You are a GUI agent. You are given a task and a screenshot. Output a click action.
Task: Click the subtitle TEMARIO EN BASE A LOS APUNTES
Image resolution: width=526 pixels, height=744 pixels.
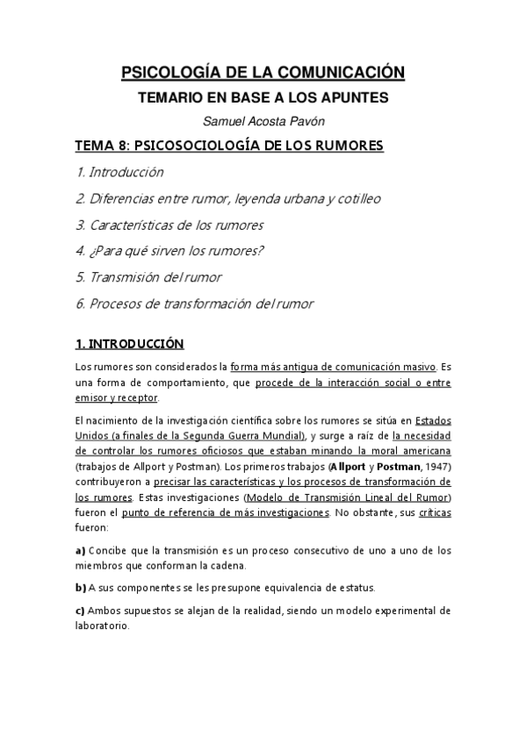[x=263, y=99]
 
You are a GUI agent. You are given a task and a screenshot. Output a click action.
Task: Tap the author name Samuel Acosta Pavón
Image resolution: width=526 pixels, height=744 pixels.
[x=263, y=122]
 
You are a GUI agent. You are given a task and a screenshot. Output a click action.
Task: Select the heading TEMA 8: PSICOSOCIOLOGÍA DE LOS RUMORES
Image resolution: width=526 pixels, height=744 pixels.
[x=230, y=146]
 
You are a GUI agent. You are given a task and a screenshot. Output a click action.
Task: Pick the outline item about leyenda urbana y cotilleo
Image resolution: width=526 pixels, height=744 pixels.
[x=227, y=198]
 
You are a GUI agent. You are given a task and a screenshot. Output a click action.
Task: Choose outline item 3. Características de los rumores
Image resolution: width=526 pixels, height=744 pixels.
[x=169, y=225]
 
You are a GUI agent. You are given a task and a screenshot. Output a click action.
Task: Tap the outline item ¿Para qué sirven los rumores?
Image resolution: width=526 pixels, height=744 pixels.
[x=169, y=251]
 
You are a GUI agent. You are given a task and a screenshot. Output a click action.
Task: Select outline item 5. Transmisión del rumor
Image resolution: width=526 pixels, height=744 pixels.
[x=148, y=277]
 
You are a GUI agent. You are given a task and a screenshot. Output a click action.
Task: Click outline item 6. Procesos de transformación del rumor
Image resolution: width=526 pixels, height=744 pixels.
[x=194, y=304]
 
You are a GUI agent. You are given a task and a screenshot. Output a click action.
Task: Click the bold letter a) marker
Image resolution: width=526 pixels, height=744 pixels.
[x=80, y=550]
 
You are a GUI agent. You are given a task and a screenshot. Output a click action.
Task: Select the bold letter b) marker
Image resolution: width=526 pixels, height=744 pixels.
[x=80, y=588]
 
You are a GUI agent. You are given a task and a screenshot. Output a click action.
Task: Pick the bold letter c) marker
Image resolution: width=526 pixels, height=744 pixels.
[x=80, y=611]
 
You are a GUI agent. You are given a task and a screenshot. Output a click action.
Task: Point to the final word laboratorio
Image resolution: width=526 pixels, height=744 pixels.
[x=102, y=626]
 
